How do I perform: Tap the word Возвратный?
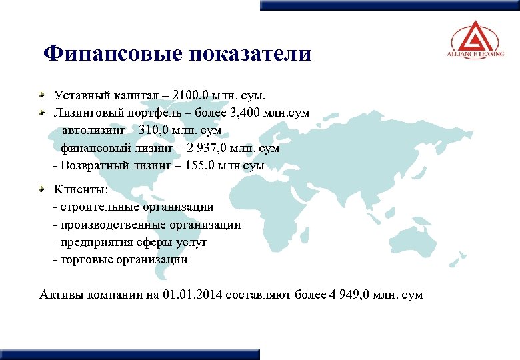pos(93,165)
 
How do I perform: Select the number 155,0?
pos(196,165)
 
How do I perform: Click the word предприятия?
pos(93,242)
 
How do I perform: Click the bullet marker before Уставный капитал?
pos(43,95)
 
